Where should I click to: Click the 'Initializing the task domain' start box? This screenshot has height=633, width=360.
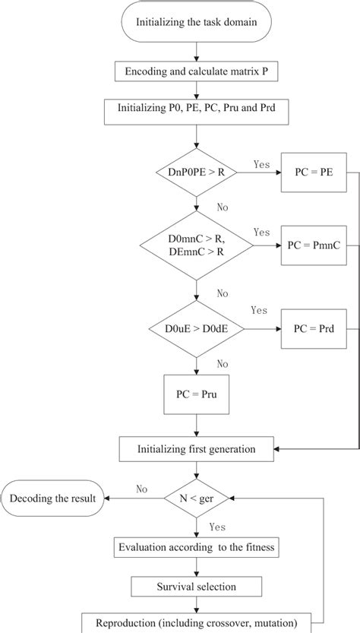point(197,23)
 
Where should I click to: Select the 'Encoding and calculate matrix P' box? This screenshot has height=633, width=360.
point(197,72)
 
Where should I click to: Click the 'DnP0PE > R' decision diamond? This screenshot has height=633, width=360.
point(197,174)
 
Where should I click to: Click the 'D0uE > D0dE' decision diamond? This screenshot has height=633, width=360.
point(197,330)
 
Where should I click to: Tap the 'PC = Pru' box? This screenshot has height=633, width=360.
point(197,395)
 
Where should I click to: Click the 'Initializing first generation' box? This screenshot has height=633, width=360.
point(197,449)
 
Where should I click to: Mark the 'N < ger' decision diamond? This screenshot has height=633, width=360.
point(197,499)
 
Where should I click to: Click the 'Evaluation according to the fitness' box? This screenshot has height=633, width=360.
point(197,546)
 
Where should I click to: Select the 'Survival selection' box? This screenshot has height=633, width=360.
point(197,586)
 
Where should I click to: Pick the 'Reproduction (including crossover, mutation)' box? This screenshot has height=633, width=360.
point(197,623)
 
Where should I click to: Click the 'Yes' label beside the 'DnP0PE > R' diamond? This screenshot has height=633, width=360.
point(261,164)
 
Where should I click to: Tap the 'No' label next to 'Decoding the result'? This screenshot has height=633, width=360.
point(141,489)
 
